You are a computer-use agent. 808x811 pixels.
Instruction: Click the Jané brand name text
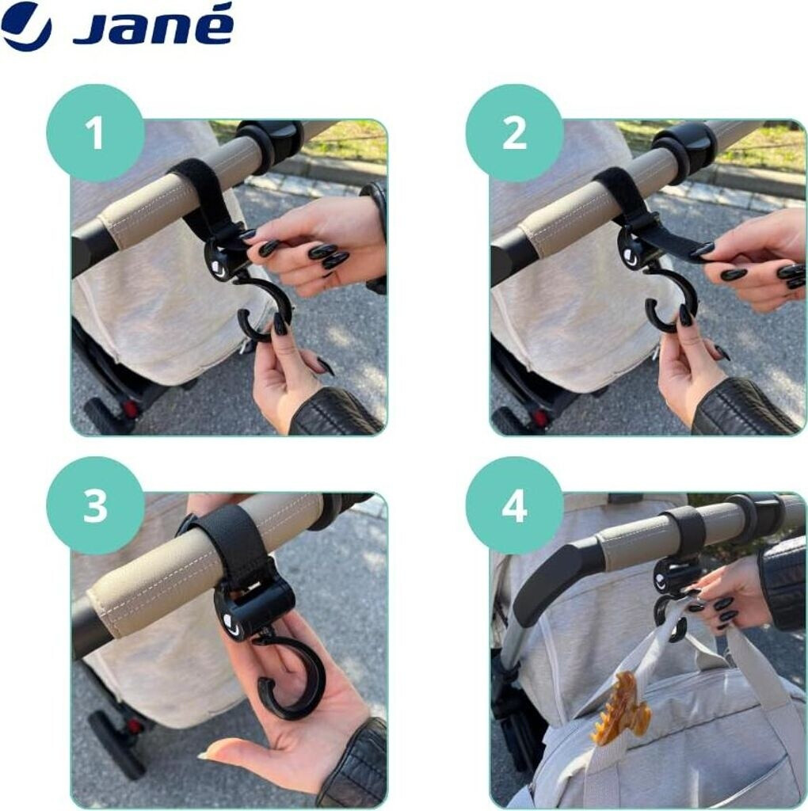154,25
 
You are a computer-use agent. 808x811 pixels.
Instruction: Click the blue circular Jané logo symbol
26,26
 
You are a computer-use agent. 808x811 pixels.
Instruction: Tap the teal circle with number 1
95,133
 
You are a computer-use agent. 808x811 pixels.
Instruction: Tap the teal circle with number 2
514,133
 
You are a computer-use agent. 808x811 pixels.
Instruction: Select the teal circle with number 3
95,506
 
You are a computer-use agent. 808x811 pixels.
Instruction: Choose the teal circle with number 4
514,506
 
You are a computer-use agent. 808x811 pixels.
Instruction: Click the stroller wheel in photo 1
106,417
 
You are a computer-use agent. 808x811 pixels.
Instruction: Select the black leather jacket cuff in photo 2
745,409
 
